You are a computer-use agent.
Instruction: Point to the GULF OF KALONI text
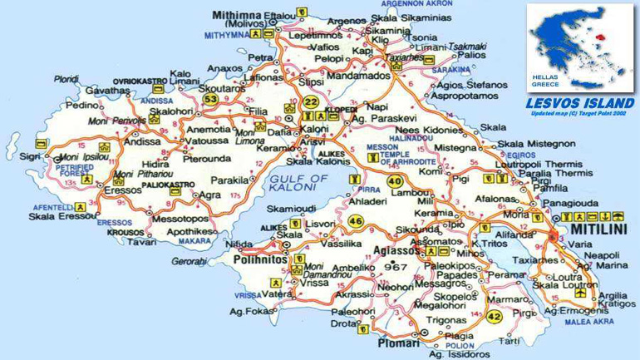click(x=299, y=184)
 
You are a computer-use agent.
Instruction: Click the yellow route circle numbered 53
click(x=211, y=100)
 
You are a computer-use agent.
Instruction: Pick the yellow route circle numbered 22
click(x=311, y=101)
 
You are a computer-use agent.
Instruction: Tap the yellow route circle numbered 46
click(x=356, y=220)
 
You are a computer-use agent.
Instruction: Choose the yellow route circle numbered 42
click(x=495, y=317)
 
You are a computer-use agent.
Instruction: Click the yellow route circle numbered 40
click(x=394, y=181)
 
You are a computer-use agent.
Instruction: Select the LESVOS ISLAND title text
click(x=580, y=104)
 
